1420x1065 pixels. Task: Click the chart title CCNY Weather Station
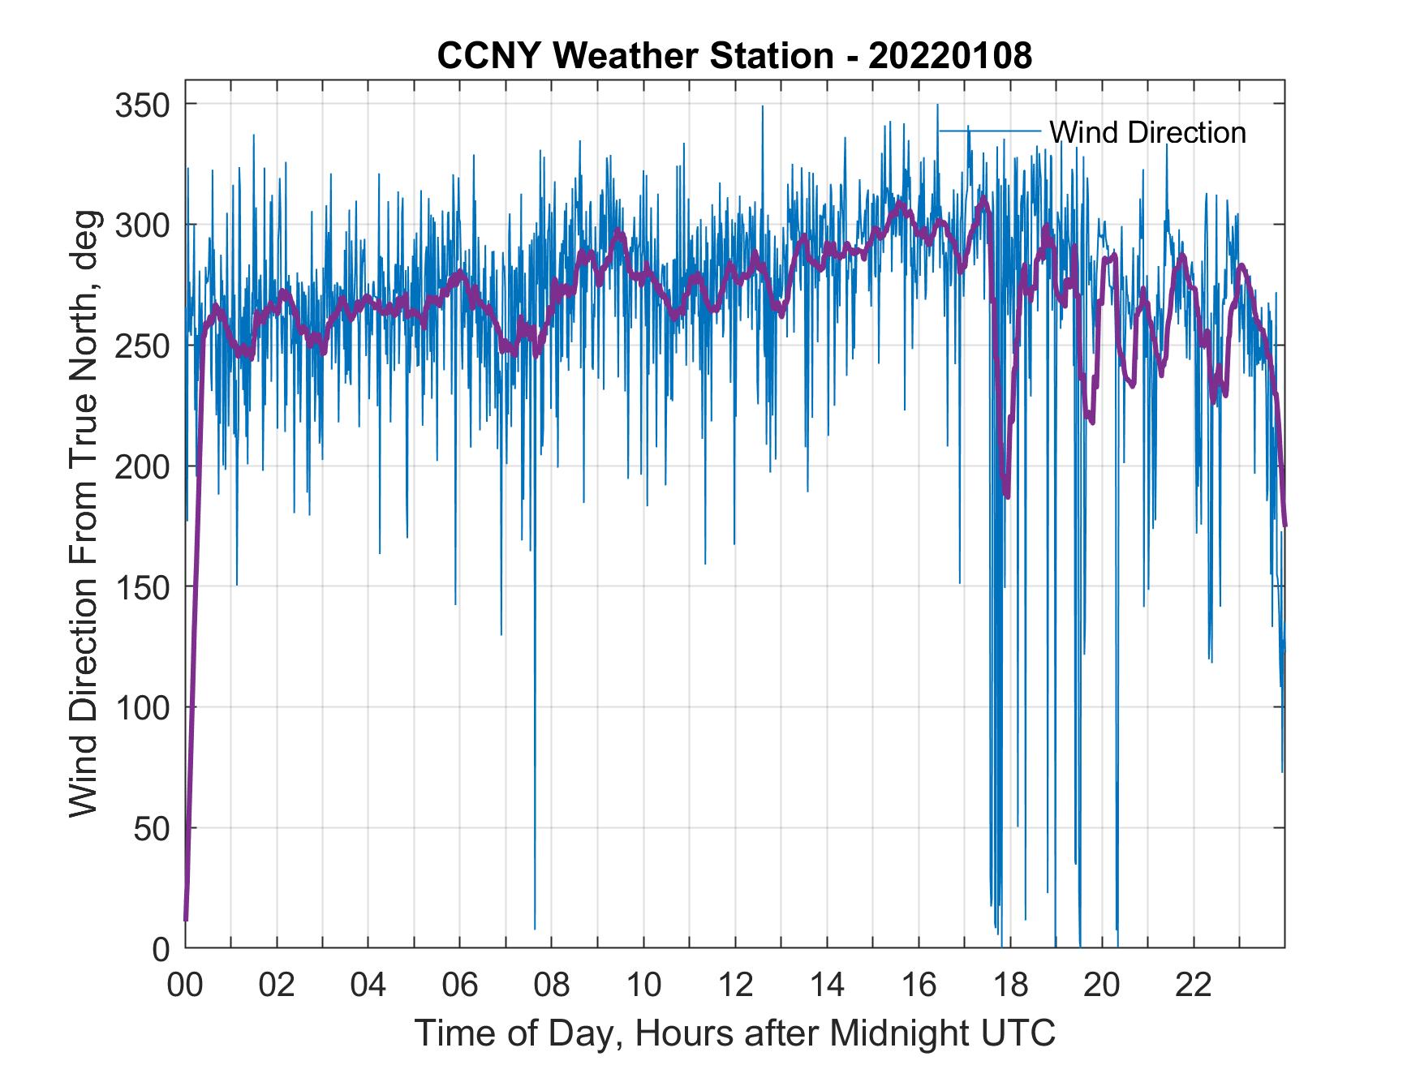[x=734, y=56]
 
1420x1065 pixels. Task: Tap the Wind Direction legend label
[x=1147, y=132]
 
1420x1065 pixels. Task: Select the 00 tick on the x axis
[x=185, y=986]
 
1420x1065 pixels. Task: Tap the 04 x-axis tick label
[x=368, y=986]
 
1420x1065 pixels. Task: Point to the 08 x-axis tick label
[x=552, y=986]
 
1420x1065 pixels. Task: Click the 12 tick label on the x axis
[x=735, y=986]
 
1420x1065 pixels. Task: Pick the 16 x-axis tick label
[x=919, y=986]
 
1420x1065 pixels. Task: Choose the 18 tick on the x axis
[x=1010, y=986]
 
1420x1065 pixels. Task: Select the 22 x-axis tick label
[x=1194, y=986]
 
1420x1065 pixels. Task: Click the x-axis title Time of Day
[x=735, y=1033]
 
